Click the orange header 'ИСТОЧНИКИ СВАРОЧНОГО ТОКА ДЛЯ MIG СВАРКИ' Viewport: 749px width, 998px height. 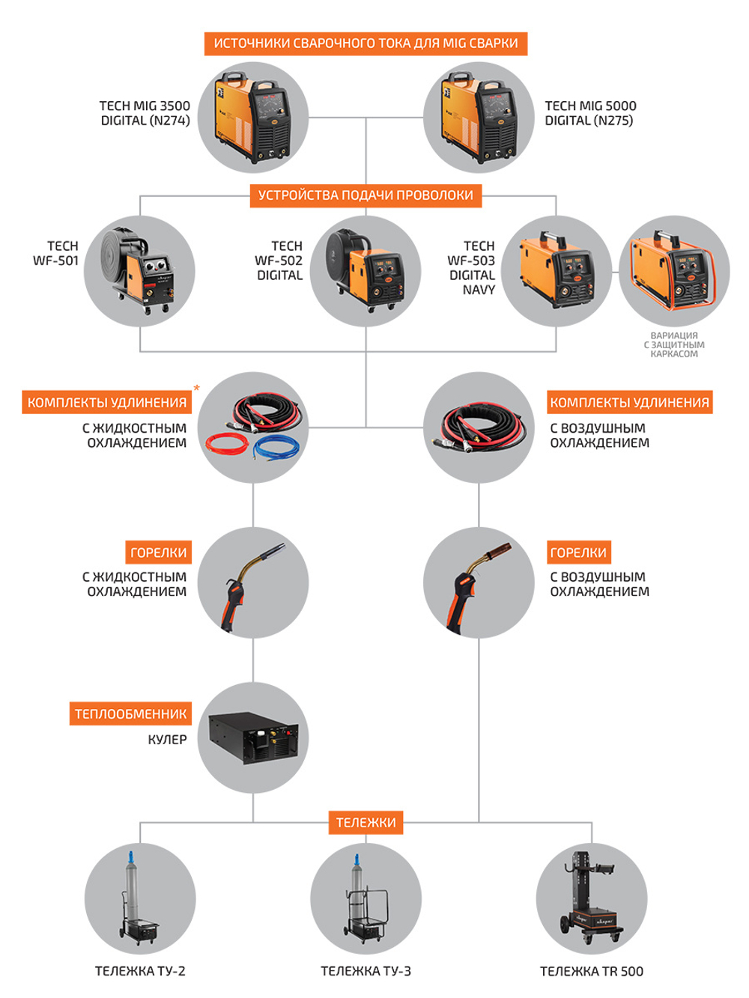366,43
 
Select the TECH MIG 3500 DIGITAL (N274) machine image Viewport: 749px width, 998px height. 252,118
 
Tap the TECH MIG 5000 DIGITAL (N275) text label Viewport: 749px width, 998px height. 590,113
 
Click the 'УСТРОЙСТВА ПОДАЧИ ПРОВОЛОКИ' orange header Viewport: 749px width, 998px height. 366,195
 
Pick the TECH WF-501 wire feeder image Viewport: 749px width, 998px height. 140,271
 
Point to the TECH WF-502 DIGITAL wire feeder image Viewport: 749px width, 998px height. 366,271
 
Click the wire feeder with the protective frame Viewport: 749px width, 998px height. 674,271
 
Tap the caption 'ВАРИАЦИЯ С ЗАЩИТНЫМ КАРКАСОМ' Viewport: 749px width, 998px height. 674,345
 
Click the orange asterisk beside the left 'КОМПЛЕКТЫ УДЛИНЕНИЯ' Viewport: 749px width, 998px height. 197,388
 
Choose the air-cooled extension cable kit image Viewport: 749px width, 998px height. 479,428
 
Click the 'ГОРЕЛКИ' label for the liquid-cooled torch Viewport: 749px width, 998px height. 158,553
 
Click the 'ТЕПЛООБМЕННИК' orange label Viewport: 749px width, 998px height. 130,713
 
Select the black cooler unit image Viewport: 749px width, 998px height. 253,737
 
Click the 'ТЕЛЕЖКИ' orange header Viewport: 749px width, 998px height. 366,822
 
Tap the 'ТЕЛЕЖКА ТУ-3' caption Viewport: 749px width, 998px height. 366,971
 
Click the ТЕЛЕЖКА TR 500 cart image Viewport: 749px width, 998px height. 592,898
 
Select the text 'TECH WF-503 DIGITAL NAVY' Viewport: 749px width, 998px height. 472,267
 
